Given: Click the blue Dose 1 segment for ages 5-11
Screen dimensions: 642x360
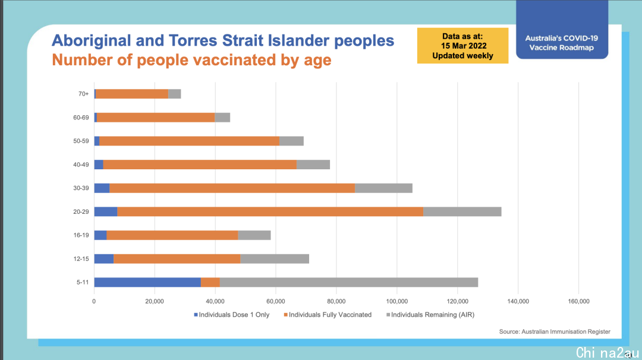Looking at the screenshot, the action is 147,282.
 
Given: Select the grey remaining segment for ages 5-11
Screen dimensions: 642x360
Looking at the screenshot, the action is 349,282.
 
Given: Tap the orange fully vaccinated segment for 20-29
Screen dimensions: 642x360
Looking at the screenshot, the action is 270,211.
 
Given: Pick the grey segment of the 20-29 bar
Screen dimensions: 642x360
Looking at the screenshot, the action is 462,211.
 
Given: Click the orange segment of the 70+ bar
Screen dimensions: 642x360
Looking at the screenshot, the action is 132,94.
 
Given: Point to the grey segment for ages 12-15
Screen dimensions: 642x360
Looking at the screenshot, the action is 275,258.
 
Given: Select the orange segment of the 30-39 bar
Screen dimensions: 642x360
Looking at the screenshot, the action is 232,188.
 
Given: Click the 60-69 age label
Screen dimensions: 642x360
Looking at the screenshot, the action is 81,118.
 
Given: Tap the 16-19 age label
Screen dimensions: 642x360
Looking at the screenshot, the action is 81,235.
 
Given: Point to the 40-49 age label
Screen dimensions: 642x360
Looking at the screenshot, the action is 81,165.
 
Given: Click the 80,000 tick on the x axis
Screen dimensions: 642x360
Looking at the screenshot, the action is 336,302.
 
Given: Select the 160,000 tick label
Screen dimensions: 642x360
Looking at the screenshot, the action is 578,302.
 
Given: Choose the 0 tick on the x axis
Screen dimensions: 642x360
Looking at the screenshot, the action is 94,302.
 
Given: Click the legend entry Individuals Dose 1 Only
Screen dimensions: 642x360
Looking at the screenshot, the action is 232,315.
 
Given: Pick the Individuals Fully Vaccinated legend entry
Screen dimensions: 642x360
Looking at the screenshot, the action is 328,315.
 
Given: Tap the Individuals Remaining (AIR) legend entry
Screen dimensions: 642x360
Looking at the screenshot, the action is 430,315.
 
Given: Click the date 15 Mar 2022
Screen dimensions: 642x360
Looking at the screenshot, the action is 464,46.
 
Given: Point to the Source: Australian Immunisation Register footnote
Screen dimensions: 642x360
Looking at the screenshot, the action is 555,331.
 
